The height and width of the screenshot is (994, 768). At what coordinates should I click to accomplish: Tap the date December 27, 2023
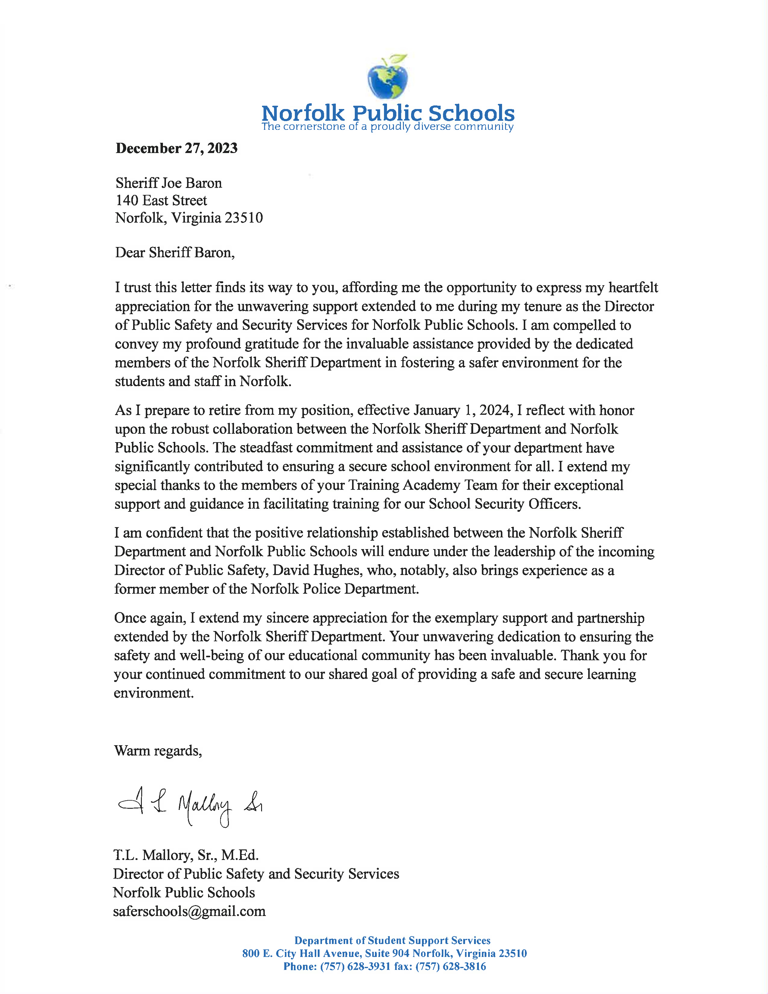pyautogui.click(x=176, y=148)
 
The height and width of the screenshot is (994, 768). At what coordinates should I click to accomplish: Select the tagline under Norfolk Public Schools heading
pyautogui.click(x=388, y=127)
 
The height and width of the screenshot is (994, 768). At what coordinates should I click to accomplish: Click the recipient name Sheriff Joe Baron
pyautogui.click(x=169, y=183)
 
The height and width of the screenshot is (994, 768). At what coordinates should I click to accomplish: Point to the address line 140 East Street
pyautogui.click(x=161, y=200)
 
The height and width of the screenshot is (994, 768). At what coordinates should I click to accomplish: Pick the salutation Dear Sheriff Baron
pyautogui.click(x=175, y=253)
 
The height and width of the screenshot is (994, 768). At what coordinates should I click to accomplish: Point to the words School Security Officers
pyautogui.click(x=504, y=504)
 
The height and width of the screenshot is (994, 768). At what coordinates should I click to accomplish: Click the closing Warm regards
pyautogui.click(x=158, y=751)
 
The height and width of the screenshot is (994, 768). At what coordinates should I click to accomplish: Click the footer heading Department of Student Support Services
pyautogui.click(x=392, y=941)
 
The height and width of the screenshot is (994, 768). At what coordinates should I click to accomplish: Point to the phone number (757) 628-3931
pyautogui.click(x=355, y=967)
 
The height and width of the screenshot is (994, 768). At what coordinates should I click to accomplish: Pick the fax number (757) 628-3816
pyautogui.click(x=451, y=967)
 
